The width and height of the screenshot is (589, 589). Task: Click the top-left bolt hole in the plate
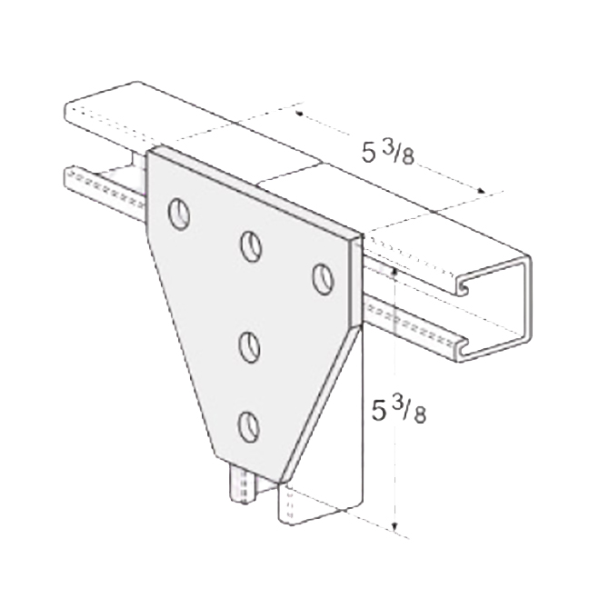pyautogui.click(x=179, y=214)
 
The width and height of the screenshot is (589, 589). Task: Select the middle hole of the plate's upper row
pyautogui.click(x=251, y=246)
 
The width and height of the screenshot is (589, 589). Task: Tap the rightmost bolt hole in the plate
pyautogui.click(x=324, y=279)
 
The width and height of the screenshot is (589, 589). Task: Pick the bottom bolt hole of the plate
pyautogui.click(x=249, y=426)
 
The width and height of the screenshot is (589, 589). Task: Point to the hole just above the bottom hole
pyautogui.click(x=250, y=346)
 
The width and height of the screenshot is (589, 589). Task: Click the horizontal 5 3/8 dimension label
pyautogui.click(x=388, y=153)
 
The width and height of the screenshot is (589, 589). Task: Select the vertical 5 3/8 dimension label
pyautogui.click(x=398, y=410)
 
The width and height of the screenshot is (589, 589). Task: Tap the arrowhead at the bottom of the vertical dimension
pyautogui.click(x=394, y=528)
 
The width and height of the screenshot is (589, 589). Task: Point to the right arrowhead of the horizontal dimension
pyautogui.click(x=480, y=191)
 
